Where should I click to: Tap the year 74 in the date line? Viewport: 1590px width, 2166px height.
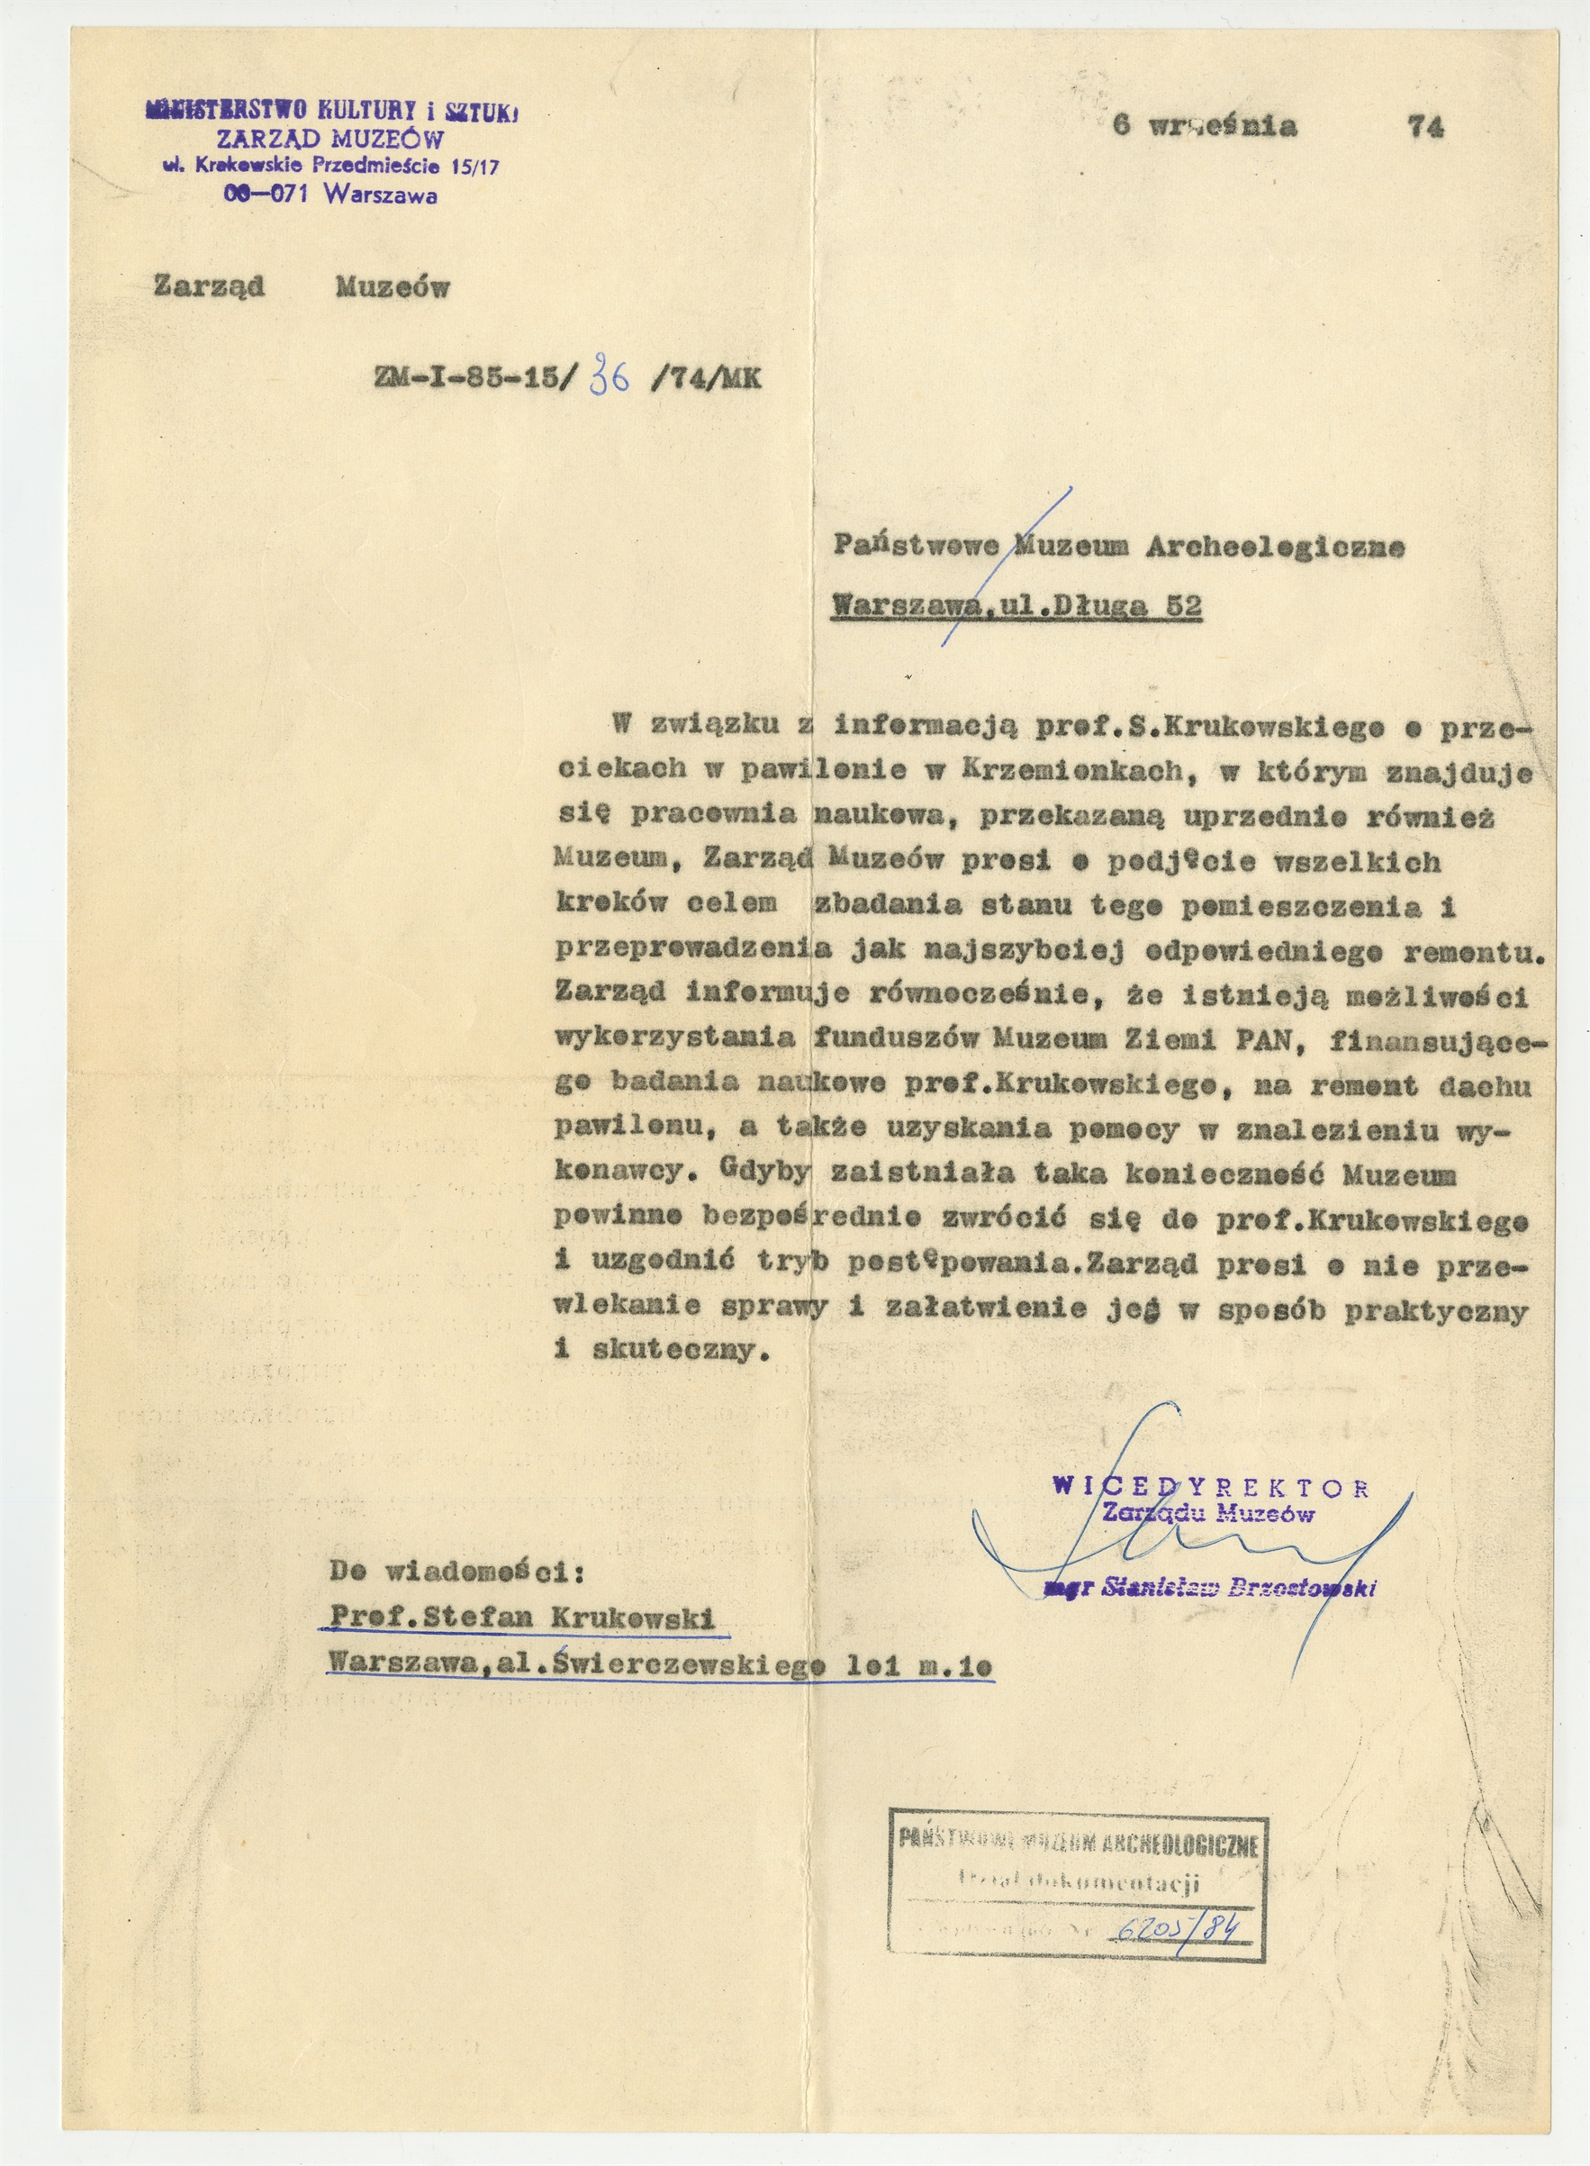click(x=1424, y=127)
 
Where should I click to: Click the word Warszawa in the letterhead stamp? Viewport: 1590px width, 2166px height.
click(x=381, y=195)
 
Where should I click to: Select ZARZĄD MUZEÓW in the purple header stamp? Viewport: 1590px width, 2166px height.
click(x=330, y=140)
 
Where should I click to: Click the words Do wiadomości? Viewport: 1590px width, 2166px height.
click(x=456, y=1572)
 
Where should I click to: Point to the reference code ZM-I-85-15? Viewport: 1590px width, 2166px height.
click(x=471, y=377)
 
